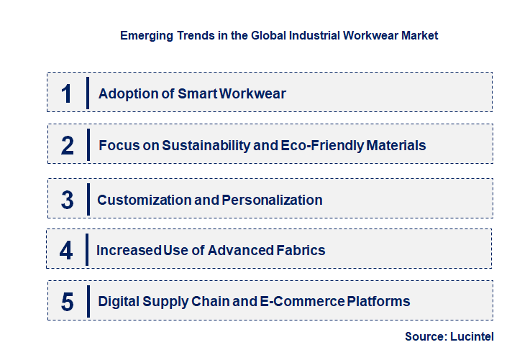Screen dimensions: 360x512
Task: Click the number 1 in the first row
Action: point(67,93)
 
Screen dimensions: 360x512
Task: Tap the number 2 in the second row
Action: point(67,145)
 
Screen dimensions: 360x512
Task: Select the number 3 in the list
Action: point(67,200)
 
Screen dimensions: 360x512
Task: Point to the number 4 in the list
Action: point(67,250)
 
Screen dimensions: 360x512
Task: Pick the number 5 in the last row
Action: point(67,301)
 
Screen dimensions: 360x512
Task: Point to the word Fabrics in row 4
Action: point(301,250)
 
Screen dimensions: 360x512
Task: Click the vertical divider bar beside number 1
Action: point(87,93)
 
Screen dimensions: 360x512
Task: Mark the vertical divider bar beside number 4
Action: point(87,249)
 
